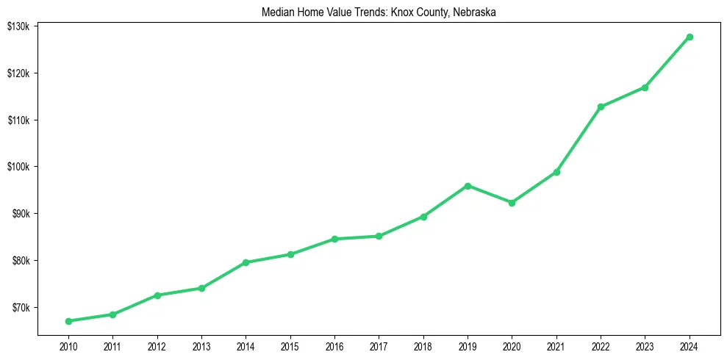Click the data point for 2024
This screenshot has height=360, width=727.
click(x=690, y=37)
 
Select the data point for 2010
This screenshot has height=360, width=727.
click(x=68, y=321)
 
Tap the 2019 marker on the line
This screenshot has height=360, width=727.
click(x=468, y=186)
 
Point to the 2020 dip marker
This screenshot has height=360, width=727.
click(x=512, y=203)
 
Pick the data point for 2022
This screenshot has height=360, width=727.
click(x=601, y=107)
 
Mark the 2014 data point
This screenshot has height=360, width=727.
click(x=246, y=262)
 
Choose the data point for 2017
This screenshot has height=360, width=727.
click(x=379, y=236)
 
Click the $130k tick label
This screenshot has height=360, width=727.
click(x=18, y=26)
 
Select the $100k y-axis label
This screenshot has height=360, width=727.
click(x=18, y=167)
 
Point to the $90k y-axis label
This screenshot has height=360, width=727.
click(x=19, y=214)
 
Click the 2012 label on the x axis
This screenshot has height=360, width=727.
click(x=157, y=345)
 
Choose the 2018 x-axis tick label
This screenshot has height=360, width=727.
click(x=423, y=345)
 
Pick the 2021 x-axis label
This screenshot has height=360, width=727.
click(x=556, y=345)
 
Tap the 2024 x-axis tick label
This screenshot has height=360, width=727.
click(x=690, y=345)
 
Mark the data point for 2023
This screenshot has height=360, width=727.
click(x=645, y=87)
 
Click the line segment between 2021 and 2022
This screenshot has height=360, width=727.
click(x=579, y=140)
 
